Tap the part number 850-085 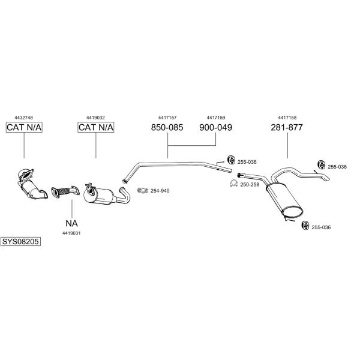pyautogui.click(x=166, y=127)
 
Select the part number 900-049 pyautogui.click(x=215, y=127)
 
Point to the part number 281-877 pyautogui.click(x=287, y=127)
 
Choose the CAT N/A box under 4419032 pyautogui.click(x=96, y=127)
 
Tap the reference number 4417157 pyautogui.click(x=167, y=118)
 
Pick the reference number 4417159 pyautogui.click(x=215, y=118)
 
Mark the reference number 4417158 pyautogui.click(x=287, y=118)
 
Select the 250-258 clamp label pyautogui.click(x=249, y=185)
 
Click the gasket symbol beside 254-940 pyautogui.click(x=143, y=191)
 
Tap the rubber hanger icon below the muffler pyautogui.click(x=304, y=226)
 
